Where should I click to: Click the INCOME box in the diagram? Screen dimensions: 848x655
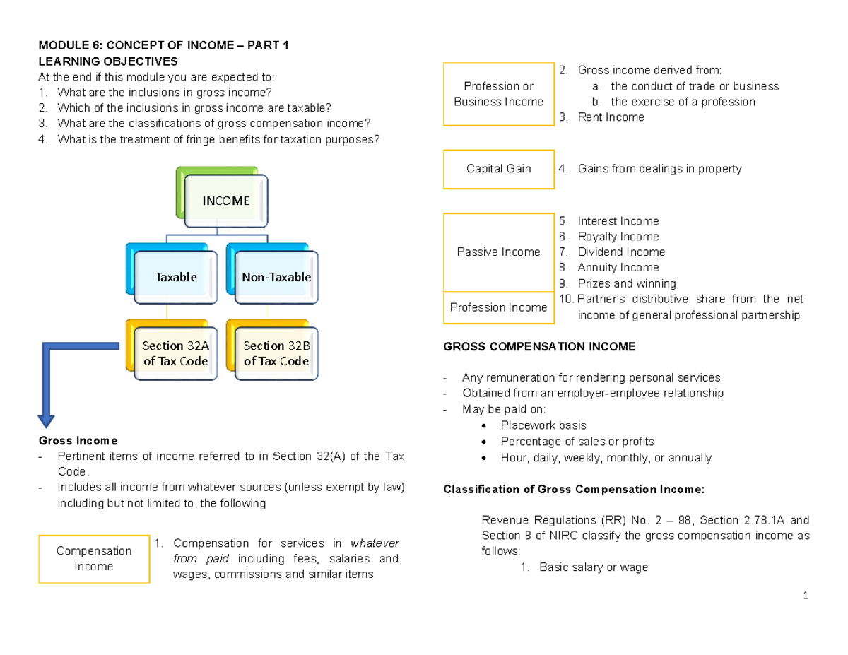click(x=225, y=201)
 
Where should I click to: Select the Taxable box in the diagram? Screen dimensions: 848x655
click(x=175, y=277)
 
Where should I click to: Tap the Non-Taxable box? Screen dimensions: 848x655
click(x=276, y=277)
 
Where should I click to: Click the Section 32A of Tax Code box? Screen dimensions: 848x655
click(x=175, y=353)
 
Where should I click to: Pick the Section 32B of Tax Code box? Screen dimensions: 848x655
click(x=276, y=353)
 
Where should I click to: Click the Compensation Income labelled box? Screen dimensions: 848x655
click(x=94, y=558)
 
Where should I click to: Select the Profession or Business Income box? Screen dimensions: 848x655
click(x=498, y=94)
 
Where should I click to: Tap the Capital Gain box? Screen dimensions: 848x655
click(x=498, y=169)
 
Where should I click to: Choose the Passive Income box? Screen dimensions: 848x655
click(x=498, y=252)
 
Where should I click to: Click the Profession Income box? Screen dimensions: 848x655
click(x=498, y=307)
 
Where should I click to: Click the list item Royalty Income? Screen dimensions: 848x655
click(x=618, y=237)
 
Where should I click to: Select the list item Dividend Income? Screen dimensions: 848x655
click(x=620, y=252)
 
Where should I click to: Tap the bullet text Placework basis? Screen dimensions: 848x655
click(x=543, y=425)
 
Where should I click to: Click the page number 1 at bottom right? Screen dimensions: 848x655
click(x=805, y=596)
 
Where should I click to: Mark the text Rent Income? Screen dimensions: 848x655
click(x=611, y=117)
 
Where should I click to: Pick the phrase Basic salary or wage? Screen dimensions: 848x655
click(x=593, y=567)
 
